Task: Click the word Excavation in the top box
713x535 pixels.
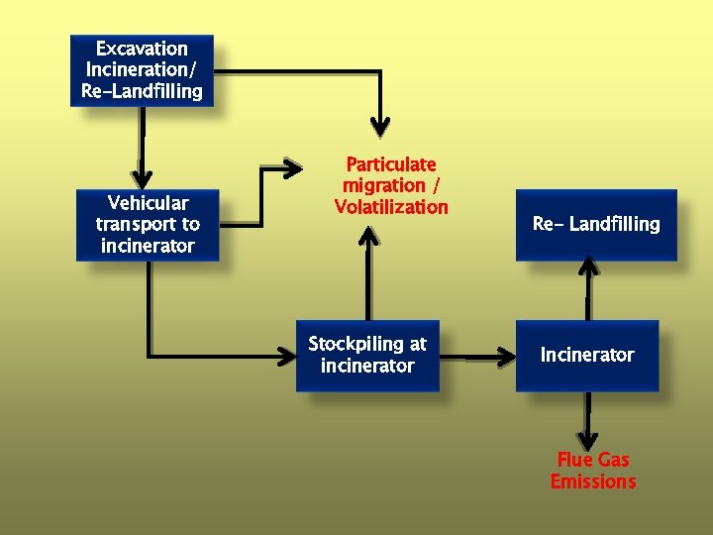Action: click(x=142, y=49)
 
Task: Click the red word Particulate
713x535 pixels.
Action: click(x=390, y=164)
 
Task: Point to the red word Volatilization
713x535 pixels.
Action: click(x=391, y=207)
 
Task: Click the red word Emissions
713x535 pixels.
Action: click(x=593, y=481)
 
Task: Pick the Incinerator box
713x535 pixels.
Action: click(x=586, y=355)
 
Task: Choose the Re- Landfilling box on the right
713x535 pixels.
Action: click(x=595, y=225)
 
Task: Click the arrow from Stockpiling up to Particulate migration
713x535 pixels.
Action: click(x=368, y=272)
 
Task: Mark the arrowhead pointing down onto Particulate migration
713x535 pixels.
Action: click(x=379, y=126)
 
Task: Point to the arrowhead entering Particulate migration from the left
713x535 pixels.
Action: click(x=291, y=165)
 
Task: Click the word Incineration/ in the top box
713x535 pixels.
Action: click(x=142, y=70)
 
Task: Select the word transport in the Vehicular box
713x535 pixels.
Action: click(x=137, y=225)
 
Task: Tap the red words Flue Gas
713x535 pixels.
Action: click(x=593, y=460)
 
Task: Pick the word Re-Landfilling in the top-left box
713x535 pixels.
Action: click(x=142, y=91)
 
